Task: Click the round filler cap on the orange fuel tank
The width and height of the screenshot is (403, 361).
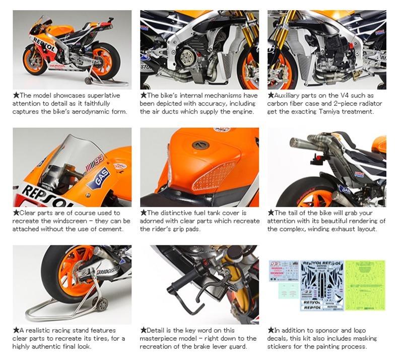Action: (200, 145)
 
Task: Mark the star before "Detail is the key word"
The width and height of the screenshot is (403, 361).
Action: (144, 330)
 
